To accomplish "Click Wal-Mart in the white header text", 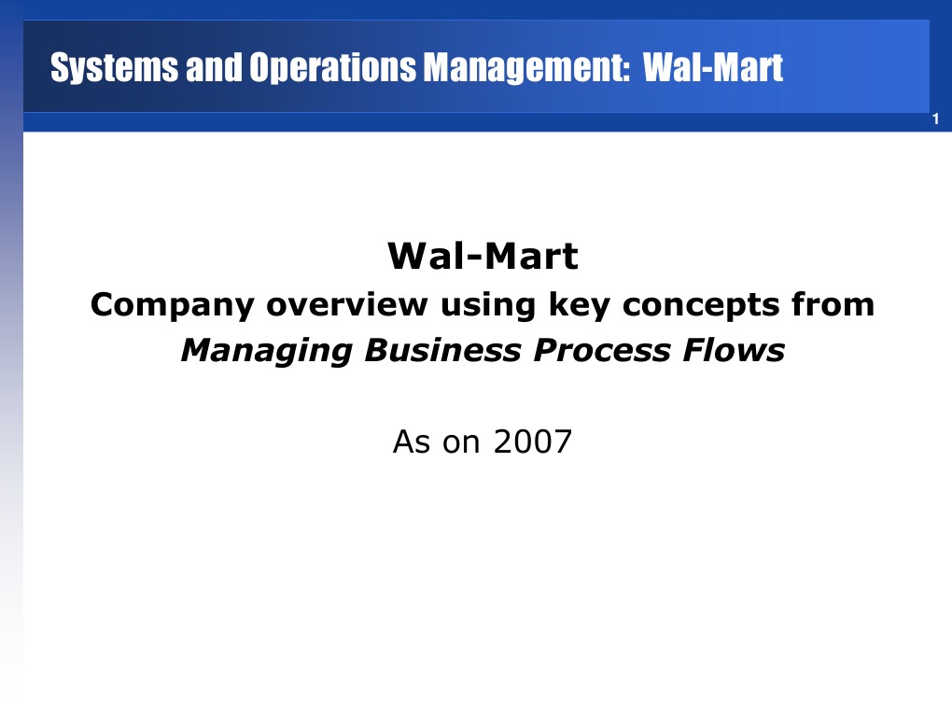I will (x=713, y=68).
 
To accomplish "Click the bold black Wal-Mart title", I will (x=483, y=256).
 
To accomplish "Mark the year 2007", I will (x=532, y=441).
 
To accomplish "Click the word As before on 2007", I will (x=413, y=441).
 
